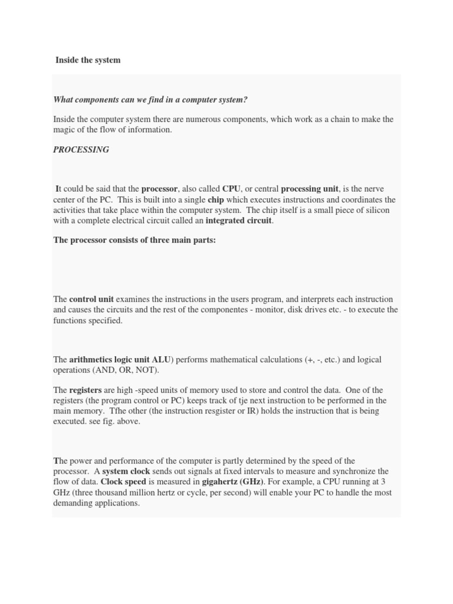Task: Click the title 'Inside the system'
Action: pyautogui.click(x=88, y=60)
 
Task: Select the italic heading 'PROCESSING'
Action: pyautogui.click(x=81, y=150)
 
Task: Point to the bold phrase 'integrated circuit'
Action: pyautogui.click(x=238, y=221)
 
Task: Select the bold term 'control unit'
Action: pyautogui.click(x=91, y=300)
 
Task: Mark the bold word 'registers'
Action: pyautogui.click(x=86, y=390)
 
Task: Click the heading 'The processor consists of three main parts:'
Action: pyautogui.click(x=134, y=240)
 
